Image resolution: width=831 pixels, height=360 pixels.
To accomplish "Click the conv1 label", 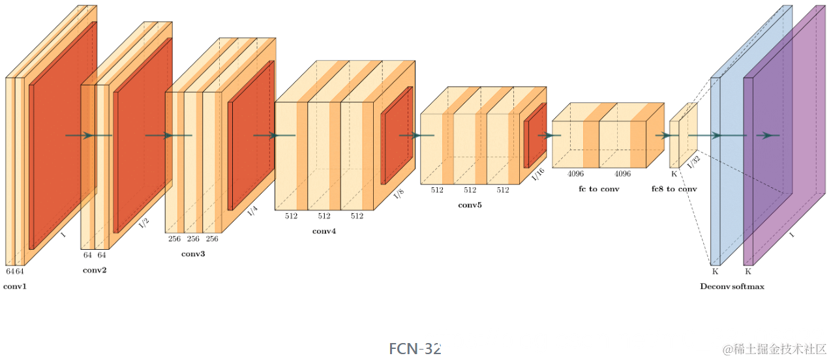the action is pos(15,286).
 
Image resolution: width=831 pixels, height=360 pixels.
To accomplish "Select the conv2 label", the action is pos(94,270).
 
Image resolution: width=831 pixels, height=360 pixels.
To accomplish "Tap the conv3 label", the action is pos(193,253).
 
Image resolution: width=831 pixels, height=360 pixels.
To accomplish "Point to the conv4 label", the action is pos(324,231).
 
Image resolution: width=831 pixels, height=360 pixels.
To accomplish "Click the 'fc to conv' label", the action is pos(599,188).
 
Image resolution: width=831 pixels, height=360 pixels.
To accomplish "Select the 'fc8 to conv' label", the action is pos(674,188).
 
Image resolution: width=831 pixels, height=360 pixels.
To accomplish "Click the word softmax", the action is pos(748,286).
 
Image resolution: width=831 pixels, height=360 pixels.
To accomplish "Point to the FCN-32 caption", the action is pos(415,348).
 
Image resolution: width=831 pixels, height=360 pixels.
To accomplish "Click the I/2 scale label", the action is pos(144,222).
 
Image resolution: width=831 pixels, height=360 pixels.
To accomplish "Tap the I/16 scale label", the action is pos(538,174).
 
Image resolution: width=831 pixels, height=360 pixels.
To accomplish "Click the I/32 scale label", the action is pos(693,160).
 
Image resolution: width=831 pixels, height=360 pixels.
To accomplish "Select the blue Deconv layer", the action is pos(731,98).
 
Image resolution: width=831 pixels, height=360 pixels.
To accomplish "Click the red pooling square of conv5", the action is pos(535,136).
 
